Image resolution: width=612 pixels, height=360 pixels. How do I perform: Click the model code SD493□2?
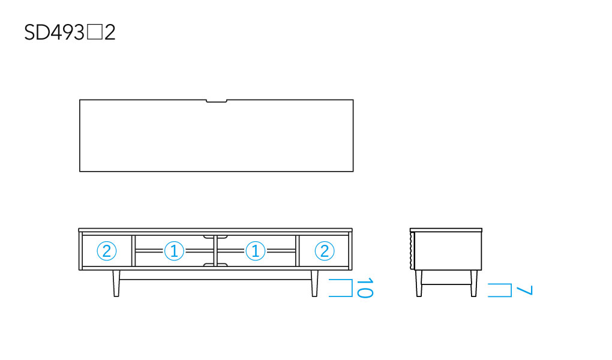tap(70, 32)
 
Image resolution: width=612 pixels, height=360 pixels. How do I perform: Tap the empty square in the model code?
tap(94, 32)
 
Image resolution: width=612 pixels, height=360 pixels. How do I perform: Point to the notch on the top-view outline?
tap(216, 101)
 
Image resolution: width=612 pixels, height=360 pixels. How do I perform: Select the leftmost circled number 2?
tap(107, 251)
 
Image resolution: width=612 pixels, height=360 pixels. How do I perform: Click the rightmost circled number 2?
tap(325, 251)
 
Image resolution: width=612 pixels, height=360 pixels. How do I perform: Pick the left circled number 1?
tap(174, 251)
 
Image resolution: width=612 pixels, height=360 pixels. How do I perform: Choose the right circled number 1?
tap(255, 251)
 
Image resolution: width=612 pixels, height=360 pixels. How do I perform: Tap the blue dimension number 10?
tap(365, 288)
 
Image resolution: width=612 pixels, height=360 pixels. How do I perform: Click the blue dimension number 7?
tap(524, 290)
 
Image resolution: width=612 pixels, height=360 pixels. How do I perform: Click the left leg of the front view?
tap(116, 283)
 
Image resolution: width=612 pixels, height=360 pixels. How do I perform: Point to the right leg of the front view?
tap(314, 283)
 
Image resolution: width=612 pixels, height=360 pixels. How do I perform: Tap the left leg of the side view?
tap(419, 283)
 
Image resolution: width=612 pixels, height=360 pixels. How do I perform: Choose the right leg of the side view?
tap(474, 283)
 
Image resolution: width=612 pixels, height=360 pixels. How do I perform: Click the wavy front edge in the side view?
tap(412, 250)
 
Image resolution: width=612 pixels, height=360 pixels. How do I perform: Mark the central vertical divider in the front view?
tap(215, 251)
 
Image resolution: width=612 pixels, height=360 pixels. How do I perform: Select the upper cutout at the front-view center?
tap(215, 236)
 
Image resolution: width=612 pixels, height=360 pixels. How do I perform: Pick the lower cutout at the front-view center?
tap(215, 265)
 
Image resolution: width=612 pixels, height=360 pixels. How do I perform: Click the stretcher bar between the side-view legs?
tap(446, 283)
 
